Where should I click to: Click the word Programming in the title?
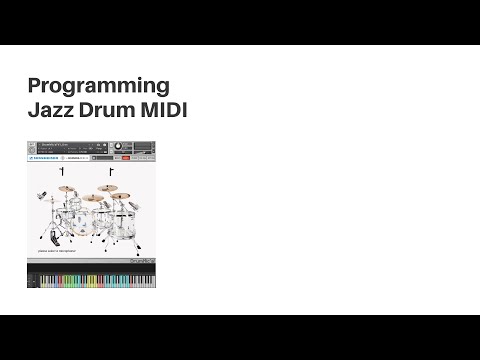tap(98, 85)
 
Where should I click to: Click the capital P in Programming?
tap(34, 85)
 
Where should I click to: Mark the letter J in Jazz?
tap(32, 109)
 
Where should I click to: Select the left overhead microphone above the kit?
tap(62, 173)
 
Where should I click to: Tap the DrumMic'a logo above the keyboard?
tap(143, 263)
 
